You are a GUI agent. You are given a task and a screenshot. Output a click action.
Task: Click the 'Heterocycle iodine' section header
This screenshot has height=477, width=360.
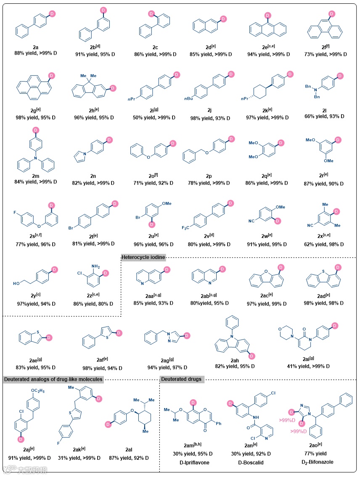pos(143,258)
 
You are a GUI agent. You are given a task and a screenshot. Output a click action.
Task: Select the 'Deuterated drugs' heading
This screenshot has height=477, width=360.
pos(183,379)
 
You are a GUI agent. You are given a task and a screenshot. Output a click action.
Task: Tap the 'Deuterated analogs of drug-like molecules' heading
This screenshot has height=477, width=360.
pos(53,379)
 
